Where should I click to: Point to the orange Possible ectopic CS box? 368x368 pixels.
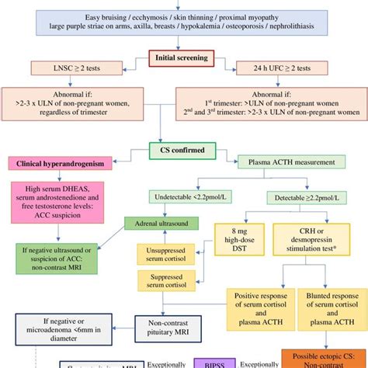point(321,357)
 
